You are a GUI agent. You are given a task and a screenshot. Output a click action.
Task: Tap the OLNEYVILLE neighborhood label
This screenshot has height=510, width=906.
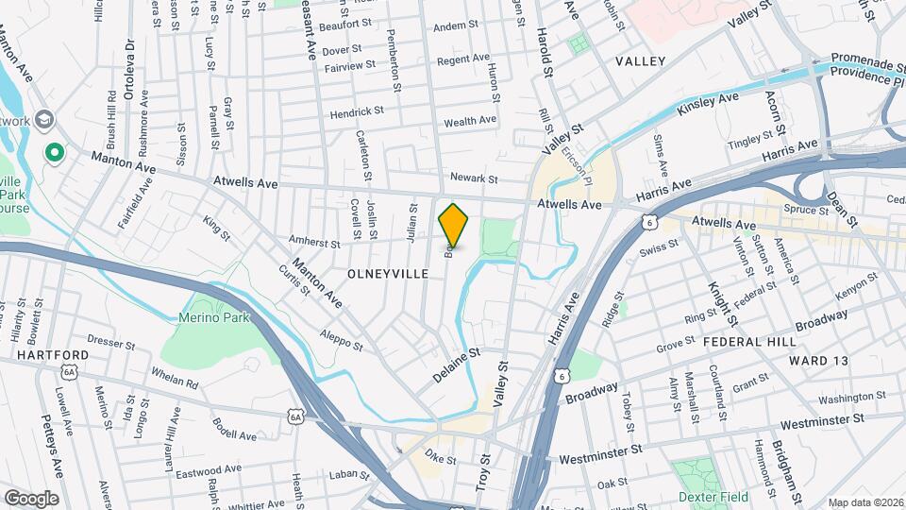[x=388, y=273]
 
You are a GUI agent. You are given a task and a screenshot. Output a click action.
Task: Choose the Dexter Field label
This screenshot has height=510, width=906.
[x=713, y=497]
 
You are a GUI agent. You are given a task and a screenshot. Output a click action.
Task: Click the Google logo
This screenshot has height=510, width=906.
[x=30, y=498]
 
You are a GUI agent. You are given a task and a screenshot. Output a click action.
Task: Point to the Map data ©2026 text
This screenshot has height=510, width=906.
[x=864, y=502]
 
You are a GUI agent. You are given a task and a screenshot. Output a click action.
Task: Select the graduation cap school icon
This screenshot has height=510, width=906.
[x=43, y=120]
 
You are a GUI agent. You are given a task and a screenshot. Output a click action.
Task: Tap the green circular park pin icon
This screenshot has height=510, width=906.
[x=55, y=152]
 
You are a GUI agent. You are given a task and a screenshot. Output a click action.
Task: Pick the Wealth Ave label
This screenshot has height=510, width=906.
[x=470, y=121]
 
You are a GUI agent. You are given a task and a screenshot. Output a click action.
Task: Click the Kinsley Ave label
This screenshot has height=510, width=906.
[x=708, y=104]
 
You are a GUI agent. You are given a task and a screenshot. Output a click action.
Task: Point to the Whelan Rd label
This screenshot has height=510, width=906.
[x=178, y=384]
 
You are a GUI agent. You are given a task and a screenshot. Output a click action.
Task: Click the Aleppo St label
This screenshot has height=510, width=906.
[x=342, y=341]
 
